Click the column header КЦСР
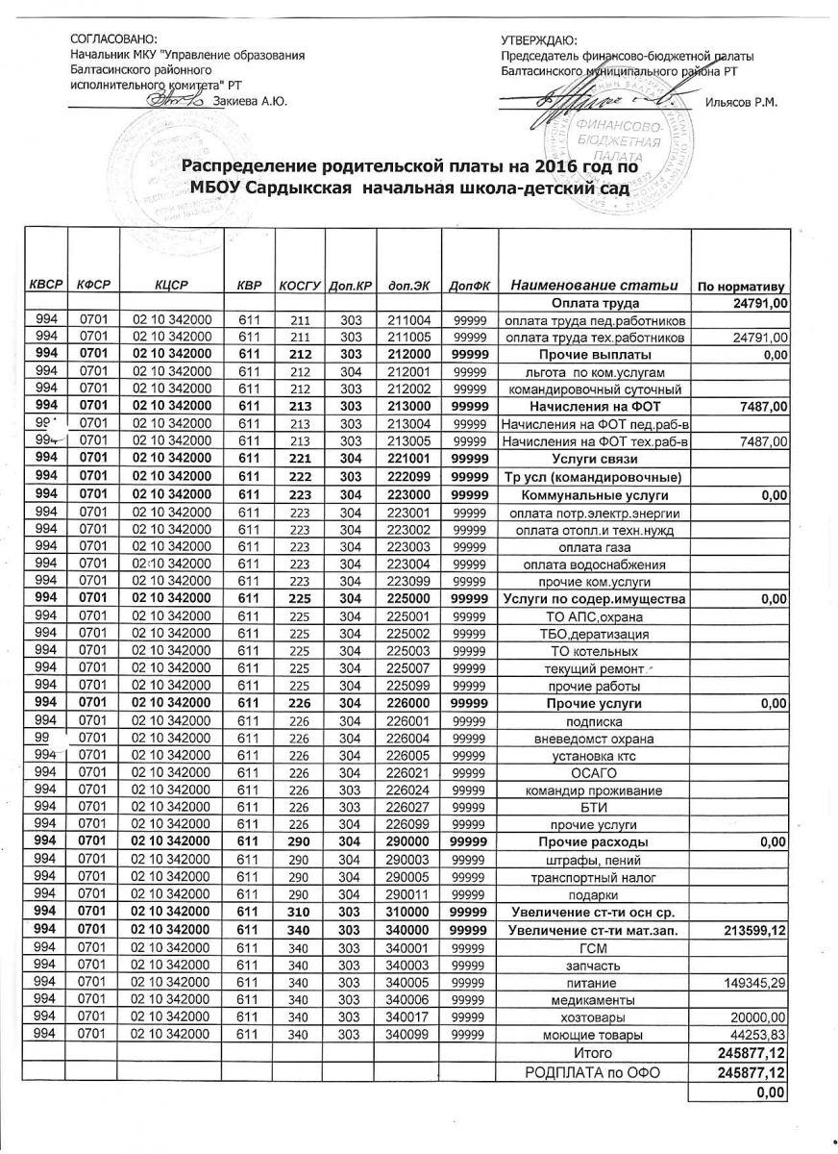pyautogui.click(x=168, y=286)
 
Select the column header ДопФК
pyautogui.click(x=470, y=286)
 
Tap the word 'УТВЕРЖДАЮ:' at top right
pyautogui.click(x=539, y=39)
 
